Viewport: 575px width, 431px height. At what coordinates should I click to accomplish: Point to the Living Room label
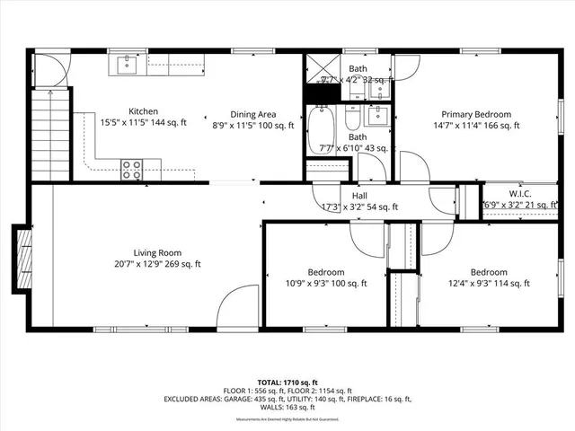[158, 252]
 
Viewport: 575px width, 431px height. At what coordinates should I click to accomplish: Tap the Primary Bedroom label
[475, 114]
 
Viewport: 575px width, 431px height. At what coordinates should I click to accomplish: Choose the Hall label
[359, 196]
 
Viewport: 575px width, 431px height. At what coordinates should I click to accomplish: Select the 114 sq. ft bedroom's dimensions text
[489, 284]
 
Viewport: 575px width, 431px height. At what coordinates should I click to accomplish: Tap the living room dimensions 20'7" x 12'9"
[158, 264]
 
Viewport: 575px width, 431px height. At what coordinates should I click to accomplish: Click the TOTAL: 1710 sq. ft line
[287, 383]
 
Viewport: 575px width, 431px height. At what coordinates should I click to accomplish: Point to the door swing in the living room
[235, 305]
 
